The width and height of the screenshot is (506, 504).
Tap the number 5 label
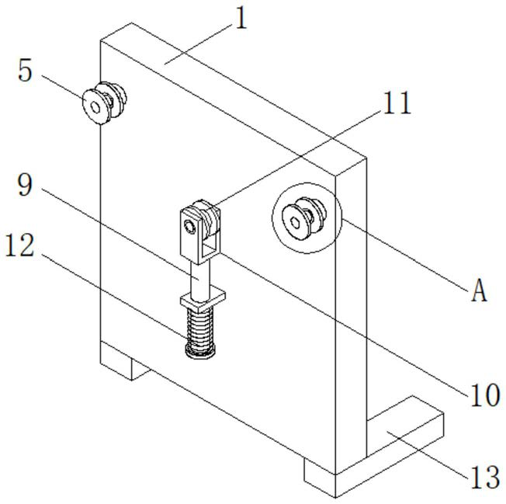(26, 71)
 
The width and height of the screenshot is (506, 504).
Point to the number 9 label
(26, 186)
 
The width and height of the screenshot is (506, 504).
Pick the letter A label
(479, 291)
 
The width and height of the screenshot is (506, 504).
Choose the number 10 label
(483, 395)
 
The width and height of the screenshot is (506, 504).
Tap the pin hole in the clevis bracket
(189, 227)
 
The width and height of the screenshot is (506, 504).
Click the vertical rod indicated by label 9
(200, 276)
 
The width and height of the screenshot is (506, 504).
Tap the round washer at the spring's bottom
(199, 351)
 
